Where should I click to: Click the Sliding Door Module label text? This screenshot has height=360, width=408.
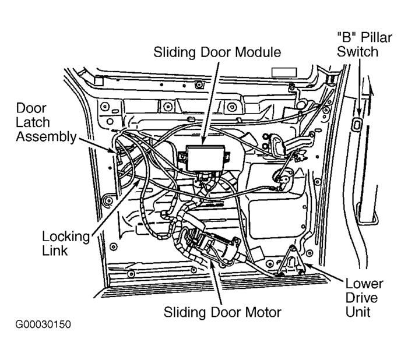(x=217, y=52)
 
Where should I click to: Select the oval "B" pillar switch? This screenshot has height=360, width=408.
(x=357, y=123)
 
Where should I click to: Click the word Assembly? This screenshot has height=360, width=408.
(x=46, y=136)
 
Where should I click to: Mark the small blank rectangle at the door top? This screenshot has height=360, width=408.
(x=285, y=73)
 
